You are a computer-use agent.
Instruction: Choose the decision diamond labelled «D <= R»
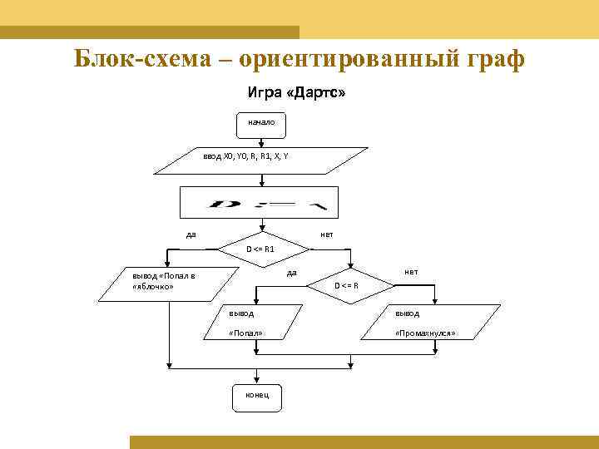347,286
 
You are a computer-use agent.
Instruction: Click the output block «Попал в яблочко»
163,281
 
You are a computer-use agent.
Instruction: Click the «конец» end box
256,396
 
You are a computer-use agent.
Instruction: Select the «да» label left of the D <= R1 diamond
191,234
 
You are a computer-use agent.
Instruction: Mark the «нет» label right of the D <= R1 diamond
327,234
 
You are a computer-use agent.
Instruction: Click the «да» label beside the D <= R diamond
291,273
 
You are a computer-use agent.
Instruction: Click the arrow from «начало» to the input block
263,141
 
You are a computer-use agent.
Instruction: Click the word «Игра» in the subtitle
265,94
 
